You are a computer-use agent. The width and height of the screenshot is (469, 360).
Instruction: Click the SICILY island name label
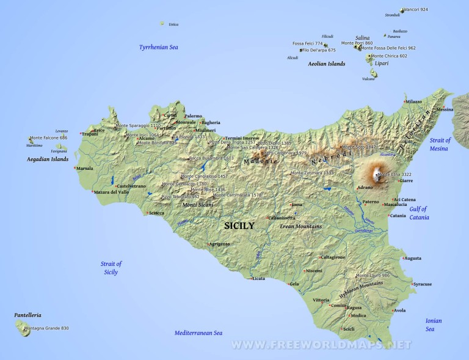[239, 226]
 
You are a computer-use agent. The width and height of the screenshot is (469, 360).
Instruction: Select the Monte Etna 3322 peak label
[394, 175]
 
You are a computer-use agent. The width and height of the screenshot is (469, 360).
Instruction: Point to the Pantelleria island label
[27, 315]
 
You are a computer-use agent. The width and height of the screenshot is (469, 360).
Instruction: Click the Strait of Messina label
[440, 144]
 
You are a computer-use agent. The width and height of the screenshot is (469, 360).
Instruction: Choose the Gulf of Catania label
[419, 213]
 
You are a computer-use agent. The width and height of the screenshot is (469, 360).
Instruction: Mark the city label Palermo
[193, 116]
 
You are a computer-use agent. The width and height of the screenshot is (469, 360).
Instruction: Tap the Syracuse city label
[422, 284]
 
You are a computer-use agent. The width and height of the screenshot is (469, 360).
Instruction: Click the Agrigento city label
[219, 244]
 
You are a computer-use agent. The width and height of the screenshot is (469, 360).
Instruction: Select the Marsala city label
[84, 168]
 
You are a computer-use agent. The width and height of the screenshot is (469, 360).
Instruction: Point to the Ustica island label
[173, 24]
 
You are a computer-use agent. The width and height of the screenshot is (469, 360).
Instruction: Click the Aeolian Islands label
[327, 64]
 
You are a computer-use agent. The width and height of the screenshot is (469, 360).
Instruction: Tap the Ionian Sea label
[434, 325]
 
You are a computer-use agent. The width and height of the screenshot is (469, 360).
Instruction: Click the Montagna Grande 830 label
[46, 328]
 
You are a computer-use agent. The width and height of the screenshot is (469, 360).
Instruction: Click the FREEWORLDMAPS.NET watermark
[321, 345]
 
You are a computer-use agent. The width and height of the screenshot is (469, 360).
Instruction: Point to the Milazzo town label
[413, 101]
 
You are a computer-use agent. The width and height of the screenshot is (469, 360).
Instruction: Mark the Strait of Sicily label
[111, 268]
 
